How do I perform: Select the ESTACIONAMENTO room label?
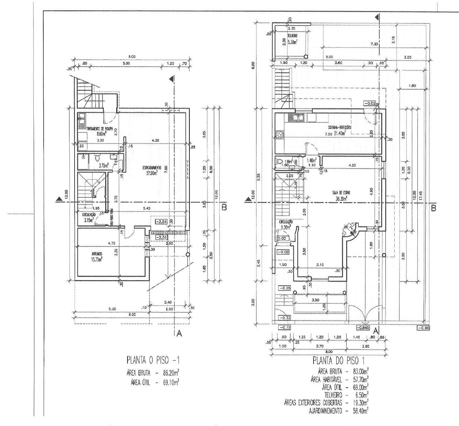152,168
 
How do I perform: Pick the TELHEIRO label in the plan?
292,35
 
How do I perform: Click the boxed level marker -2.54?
161,222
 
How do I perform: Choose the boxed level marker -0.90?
423,327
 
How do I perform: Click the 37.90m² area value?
151,173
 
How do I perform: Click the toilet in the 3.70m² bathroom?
97,159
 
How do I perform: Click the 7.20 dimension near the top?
374,44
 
